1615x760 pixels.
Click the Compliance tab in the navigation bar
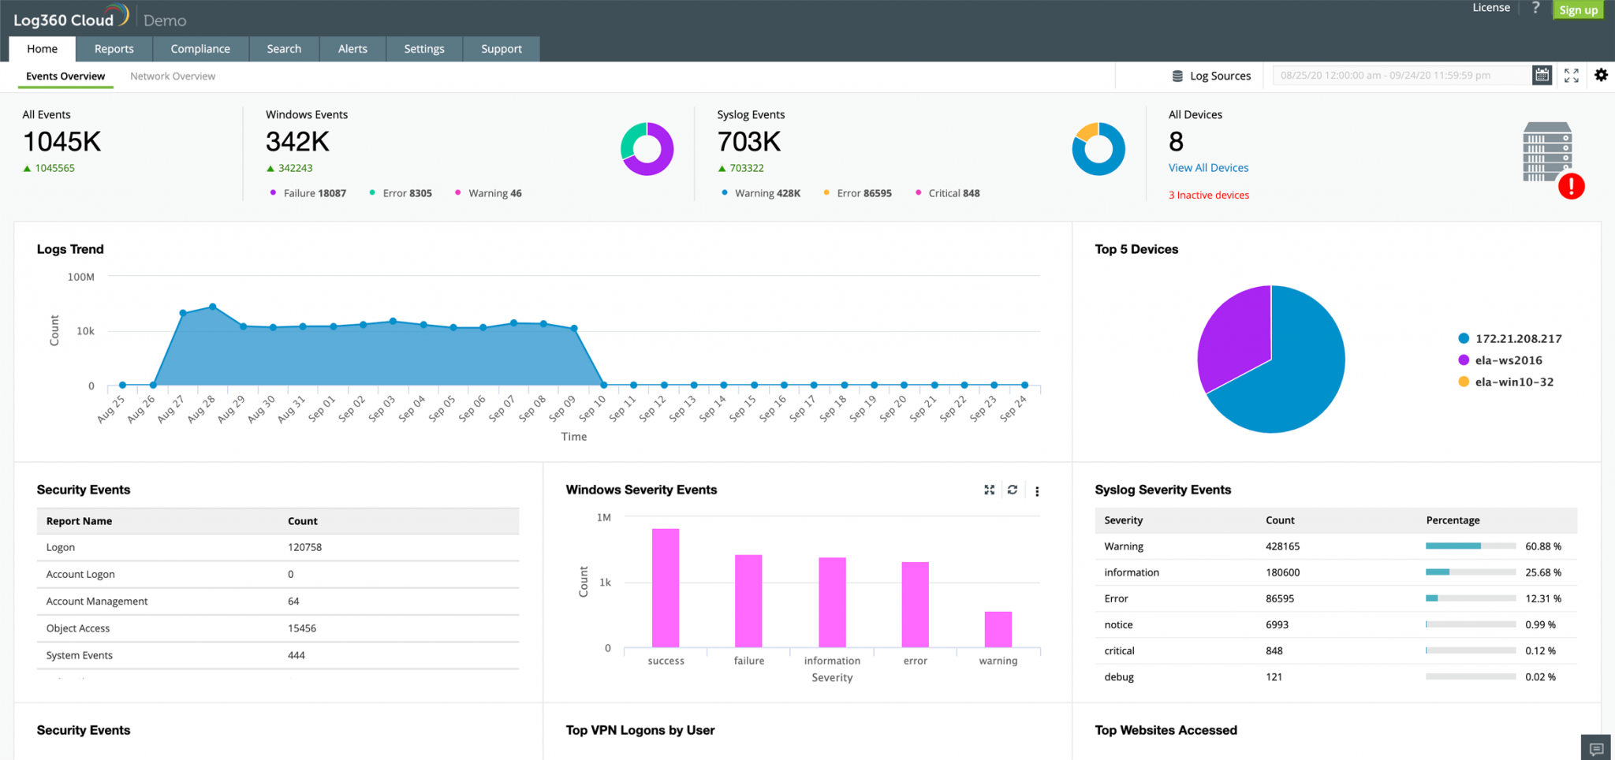click(200, 49)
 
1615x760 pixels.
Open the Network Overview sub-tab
click(173, 76)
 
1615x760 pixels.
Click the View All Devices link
click(1208, 168)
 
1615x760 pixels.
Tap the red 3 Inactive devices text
click(1208, 195)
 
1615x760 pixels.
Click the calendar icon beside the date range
click(1542, 75)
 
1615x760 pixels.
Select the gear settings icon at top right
click(1601, 75)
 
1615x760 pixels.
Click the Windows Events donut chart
click(647, 149)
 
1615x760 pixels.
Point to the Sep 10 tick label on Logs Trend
click(592, 408)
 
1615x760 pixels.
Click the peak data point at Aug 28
click(213, 307)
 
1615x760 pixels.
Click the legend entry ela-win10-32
click(1513, 382)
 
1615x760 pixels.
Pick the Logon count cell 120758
click(304, 547)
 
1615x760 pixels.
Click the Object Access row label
click(78, 628)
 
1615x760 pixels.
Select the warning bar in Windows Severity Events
click(998, 629)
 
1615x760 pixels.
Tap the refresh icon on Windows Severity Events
click(1013, 490)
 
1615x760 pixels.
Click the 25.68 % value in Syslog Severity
click(1542, 572)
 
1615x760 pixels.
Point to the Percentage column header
click(1453, 520)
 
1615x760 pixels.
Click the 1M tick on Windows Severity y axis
click(603, 518)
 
